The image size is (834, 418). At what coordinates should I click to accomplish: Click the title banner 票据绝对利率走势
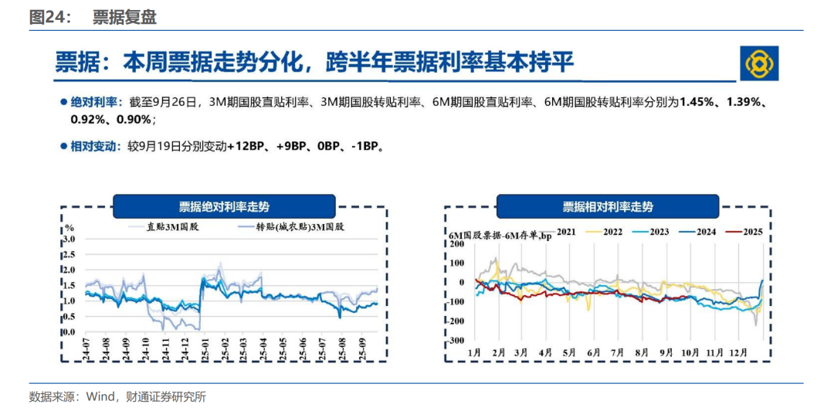(224, 206)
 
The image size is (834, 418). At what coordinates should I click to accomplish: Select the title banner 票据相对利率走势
(607, 206)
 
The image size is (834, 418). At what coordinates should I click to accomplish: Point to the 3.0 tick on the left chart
(69, 239)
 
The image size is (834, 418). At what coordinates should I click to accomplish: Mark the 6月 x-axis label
(594, 352)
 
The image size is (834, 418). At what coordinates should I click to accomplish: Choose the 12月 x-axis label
(738, 352)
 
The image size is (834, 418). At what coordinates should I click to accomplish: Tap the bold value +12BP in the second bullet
(246, 145)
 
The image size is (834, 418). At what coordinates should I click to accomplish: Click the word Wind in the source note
(100, 397)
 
